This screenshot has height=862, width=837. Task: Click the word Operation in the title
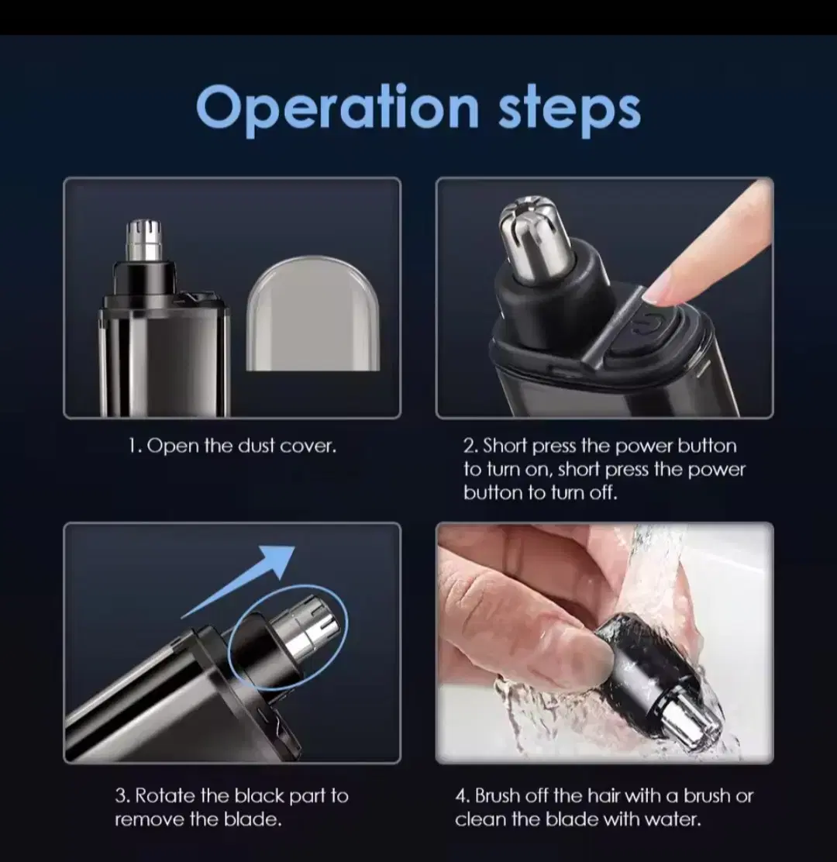click(337, 107)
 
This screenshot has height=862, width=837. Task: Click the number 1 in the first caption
click(133, 445)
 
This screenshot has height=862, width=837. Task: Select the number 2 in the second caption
click(470, 445)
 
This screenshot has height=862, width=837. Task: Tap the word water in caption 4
click(673, 819)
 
